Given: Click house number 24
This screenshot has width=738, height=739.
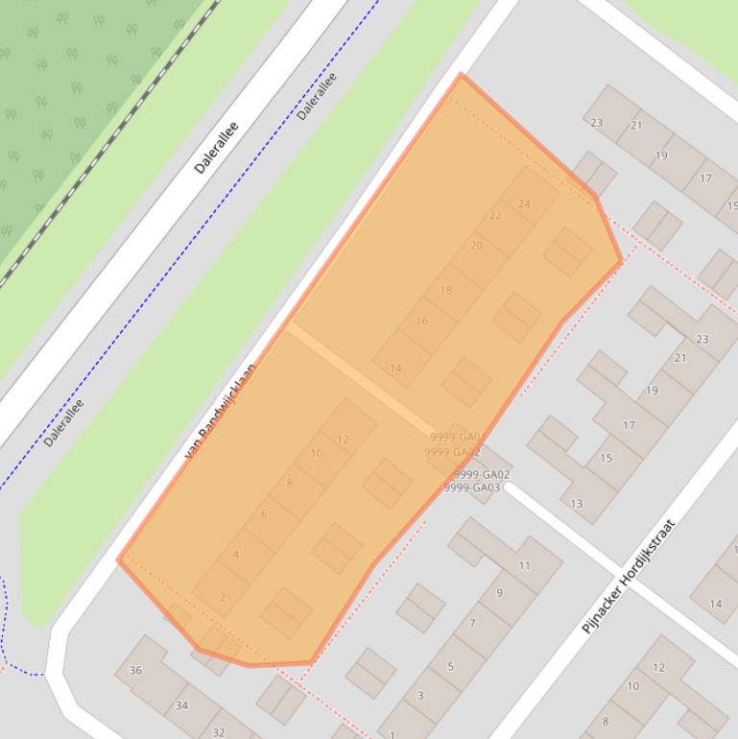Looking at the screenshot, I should click(524, 203).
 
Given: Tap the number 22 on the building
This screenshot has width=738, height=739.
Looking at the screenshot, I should click(495, 216).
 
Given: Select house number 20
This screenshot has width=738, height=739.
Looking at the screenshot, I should click(476, 246).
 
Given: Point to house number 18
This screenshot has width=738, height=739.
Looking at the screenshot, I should click(445, 290).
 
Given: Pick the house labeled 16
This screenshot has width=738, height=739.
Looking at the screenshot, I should click(421, 322).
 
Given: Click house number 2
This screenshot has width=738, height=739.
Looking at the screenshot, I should click(223, 597).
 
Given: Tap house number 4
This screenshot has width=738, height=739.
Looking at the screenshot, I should click(236, 555).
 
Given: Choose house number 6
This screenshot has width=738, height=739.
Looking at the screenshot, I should click(264, 514).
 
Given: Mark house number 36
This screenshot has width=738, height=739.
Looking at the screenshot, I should click(135, 671).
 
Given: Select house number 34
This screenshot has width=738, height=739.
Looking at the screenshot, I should click(181, 705).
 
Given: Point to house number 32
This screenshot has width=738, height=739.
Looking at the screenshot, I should click(219, 732).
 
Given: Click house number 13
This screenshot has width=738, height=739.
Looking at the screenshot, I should click(577, 504).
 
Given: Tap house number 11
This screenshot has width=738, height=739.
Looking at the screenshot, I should click(524, 565).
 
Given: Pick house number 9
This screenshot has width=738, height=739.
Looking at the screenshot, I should click(499, 593).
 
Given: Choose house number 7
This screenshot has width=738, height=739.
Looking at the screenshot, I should click(472, 624).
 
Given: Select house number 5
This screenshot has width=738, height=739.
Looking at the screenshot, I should click(450, 666).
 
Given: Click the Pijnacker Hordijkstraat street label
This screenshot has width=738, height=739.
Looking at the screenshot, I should click(629, 577).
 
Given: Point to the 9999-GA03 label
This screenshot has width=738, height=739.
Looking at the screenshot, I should click(472, 488).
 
